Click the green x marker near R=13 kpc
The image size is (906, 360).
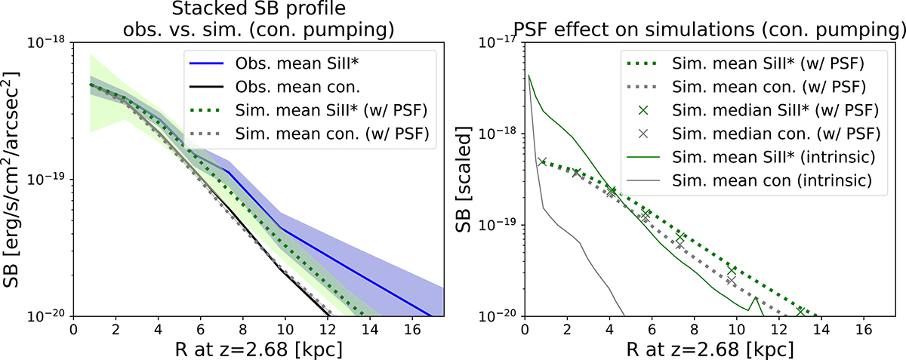[800, 310]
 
